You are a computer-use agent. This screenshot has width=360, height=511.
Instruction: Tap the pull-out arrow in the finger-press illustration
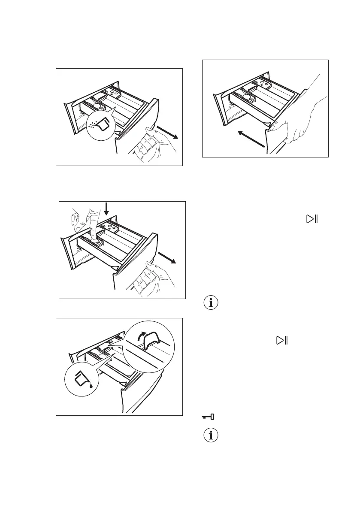pos(167,259)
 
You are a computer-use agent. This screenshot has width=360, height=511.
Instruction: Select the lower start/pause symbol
pos(282,341)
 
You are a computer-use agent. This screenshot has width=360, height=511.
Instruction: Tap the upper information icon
pos(210,302)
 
